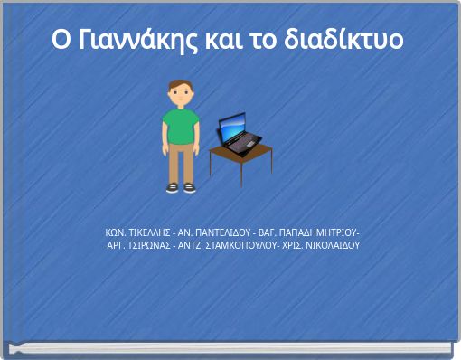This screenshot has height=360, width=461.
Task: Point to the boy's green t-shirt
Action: click(180, 126)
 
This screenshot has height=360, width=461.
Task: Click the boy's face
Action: click(181, 94)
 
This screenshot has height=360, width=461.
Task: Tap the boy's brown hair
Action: click(181, 84)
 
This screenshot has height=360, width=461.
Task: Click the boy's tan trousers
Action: click(181, 163)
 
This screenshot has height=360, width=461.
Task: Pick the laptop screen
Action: click(233, 127)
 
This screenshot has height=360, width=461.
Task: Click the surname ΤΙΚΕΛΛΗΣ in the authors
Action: click(148, 232)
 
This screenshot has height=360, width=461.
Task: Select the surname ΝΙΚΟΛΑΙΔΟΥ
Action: click(333, 245)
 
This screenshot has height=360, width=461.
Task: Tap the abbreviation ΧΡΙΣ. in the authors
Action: click(292, 245)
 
